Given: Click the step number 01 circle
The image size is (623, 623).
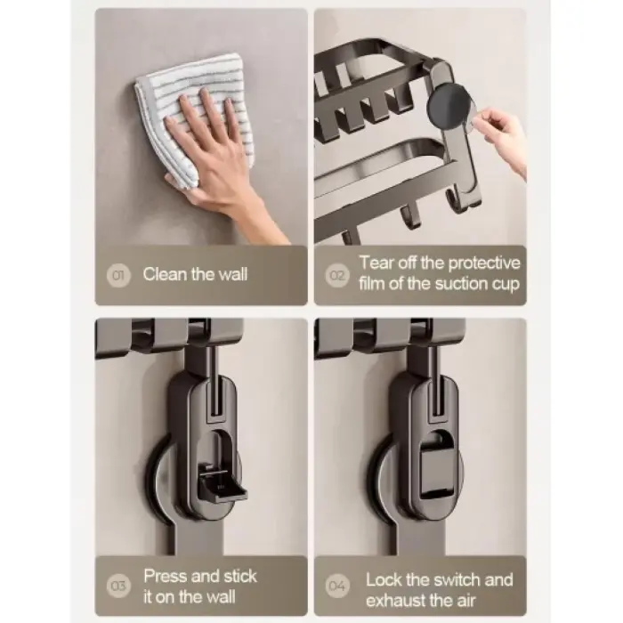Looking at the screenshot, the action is [118, 275].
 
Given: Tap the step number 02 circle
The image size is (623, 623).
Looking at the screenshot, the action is [337, 275].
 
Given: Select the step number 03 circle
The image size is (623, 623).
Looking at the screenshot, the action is [118, 586].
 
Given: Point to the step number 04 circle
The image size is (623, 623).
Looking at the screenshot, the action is [337, 586].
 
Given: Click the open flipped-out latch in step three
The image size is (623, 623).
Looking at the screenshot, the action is [222, 482].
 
